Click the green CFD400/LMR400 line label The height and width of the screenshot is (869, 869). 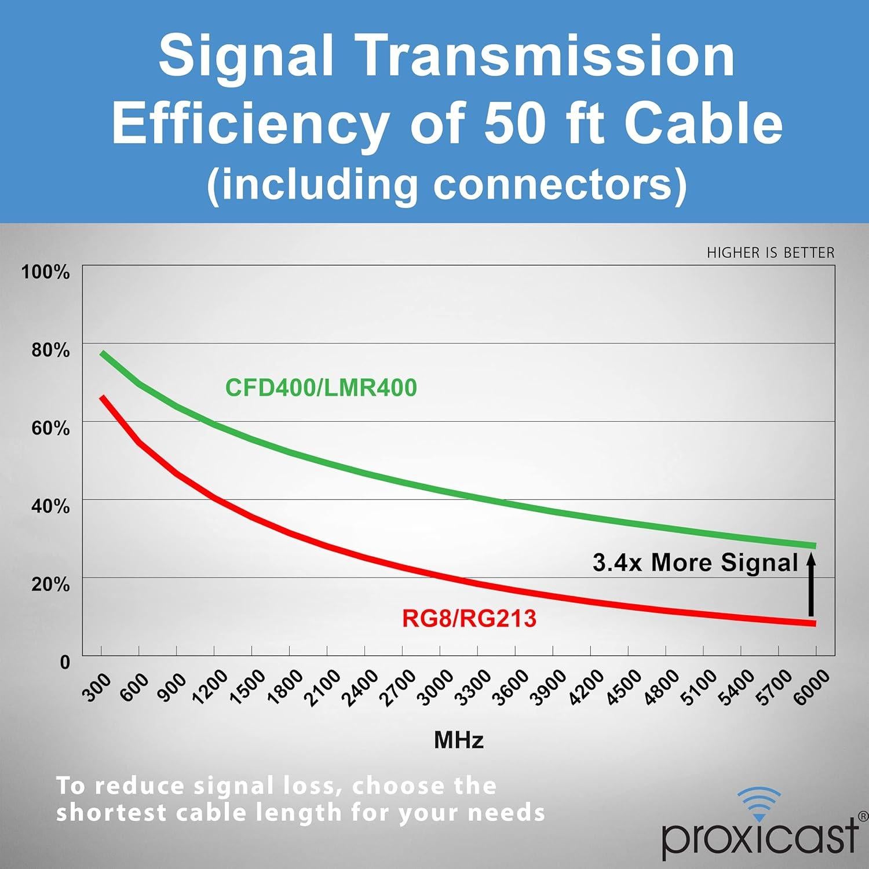[x=321, y=388]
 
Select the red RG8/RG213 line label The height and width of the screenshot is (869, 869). [x=469, y=619]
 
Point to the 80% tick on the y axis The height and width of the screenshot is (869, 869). [x=50, y=350]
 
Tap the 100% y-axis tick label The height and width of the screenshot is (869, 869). [x=45, y=272]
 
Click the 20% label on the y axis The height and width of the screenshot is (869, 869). [x=50, y=584]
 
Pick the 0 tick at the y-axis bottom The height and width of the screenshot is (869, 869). [x=65, y=662]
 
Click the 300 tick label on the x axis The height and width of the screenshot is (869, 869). [x=96, y=688]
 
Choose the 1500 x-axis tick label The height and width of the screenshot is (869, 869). [x=247, y=688]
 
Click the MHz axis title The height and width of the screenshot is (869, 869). [x=459, y=740]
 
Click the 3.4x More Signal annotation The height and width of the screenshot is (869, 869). [x=695, y=563]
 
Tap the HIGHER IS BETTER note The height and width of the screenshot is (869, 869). [x=771, y=253]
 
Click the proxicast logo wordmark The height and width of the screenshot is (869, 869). [x=759, y=836]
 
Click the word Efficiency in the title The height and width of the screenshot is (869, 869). [x=250, y=123]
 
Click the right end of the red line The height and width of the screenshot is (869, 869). [x=814, y=623]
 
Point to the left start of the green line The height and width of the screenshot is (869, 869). [x=103, y=353]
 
